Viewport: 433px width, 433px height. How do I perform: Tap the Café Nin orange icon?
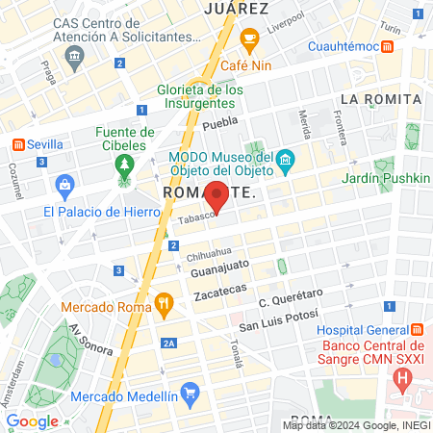click(250, 41)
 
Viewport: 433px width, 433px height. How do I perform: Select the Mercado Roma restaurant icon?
click(165, 307)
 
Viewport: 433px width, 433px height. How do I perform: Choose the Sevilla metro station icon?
click(16, 143)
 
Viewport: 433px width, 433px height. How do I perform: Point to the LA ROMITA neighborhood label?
click(381, 99)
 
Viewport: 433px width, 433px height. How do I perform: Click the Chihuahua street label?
click(209, 256)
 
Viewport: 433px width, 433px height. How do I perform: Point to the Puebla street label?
click(220, 122)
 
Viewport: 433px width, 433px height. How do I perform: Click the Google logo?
click(33, 420)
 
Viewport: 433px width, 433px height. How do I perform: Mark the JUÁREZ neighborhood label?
click(236, 9)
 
